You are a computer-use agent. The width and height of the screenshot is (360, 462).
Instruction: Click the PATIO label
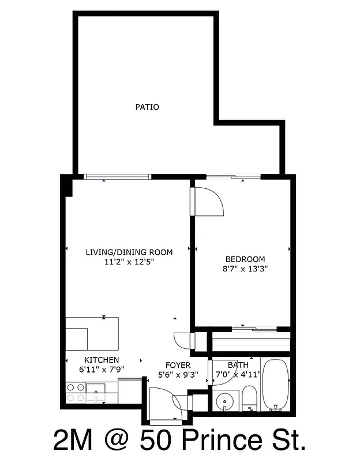click(x=147, y=107)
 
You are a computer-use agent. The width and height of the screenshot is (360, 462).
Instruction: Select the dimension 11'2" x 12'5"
click(x=129, y=262)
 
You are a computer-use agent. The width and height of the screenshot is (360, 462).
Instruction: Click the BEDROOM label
click(x=245, y=259)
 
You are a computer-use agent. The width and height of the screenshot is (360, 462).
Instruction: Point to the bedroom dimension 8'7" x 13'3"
click(x=245, y=269)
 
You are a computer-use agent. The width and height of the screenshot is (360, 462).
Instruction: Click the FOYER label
click(x=178, y=365)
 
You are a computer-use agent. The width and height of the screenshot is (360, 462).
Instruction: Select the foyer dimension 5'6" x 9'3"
click(x=178, y=374)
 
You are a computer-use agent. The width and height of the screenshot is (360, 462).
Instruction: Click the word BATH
click(x=238, y=365)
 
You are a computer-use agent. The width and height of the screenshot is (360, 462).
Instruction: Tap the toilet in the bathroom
click(x=250, y=398)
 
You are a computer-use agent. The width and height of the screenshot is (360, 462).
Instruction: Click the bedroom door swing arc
click(x=209, y=202)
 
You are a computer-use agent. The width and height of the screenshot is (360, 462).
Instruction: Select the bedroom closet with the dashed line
click(x=250, y=343)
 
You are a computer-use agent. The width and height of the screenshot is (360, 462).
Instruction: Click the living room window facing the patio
click(x=117, y=177)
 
